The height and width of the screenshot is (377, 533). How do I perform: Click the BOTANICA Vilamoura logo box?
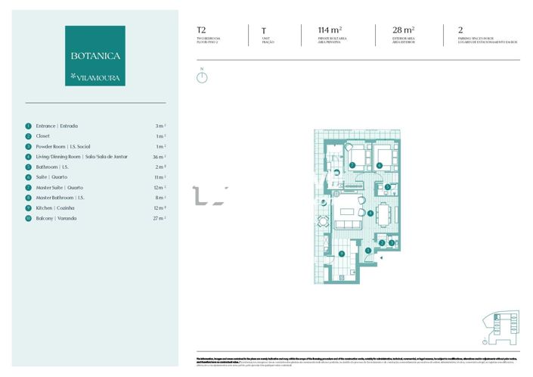pyautogui.click(x=95, y=55)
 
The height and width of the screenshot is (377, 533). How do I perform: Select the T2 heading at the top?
pyautogui.click(x=201, y=31)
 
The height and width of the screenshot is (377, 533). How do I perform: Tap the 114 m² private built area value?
pyautogui.click(x=330, y=31)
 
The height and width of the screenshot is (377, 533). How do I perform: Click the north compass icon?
pyautogui.click(x=202, y=76)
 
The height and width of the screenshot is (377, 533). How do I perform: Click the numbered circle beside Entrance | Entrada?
pyautogui.click(x=29, y=126)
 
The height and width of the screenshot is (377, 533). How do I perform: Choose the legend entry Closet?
pyautogui.click(x=43, y=136)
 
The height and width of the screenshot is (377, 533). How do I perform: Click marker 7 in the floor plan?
pyautogui.click(x=352, y=164)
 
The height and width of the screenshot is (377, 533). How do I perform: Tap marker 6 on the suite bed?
pyautogui.click(x=380, y=164)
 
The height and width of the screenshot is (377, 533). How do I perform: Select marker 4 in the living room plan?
pyautogui.click(x=370, y=213)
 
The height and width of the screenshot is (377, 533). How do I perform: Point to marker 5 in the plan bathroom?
pyautogui.click(x=388, y=186)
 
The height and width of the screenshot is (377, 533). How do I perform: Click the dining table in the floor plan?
pyautogui.click(x=384, y=213)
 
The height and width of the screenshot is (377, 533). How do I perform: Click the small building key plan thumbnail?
pyautogui.click(x=500, y=324)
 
